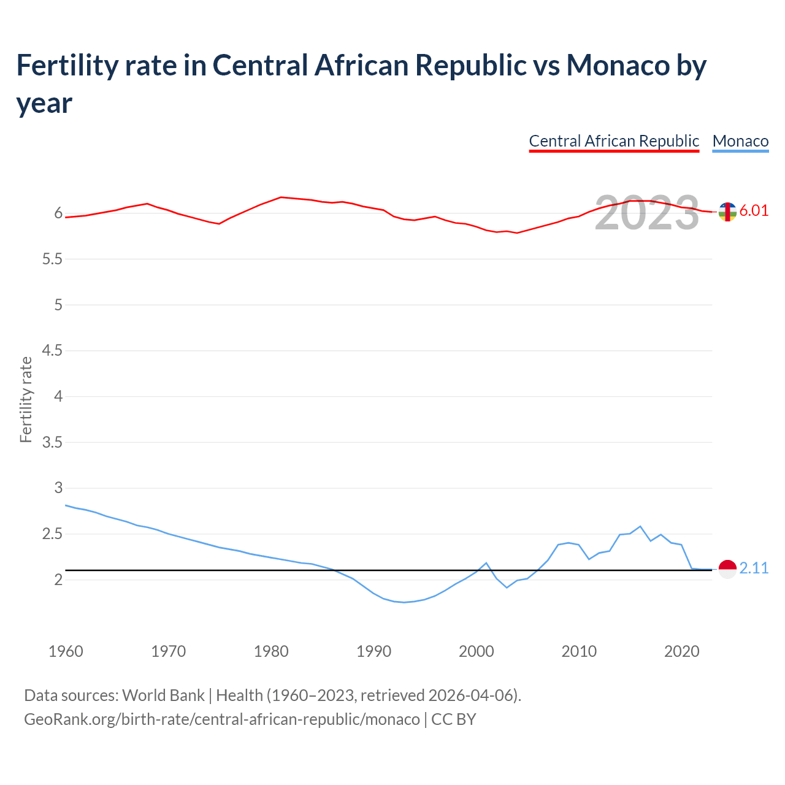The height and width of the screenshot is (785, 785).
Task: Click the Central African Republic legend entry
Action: coord(614,141)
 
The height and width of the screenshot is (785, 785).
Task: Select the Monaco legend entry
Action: coord(740,141)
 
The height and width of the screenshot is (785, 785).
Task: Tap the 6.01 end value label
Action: coord(754,210)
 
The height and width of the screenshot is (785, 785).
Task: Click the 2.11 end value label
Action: coord(754,569)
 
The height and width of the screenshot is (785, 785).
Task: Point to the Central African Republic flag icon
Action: coord(727,212)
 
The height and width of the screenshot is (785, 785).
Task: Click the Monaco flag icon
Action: coord(727,569)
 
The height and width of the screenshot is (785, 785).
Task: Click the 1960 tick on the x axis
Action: coord(66,651)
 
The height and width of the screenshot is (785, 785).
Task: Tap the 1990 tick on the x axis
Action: coord(373,651)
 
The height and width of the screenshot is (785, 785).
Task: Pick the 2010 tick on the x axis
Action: coord(579,651)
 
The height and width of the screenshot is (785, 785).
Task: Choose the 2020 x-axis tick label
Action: coord(681,651)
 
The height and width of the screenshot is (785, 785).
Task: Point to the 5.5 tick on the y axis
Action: coord(52,259)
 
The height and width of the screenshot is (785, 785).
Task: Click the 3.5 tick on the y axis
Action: coord(52,442)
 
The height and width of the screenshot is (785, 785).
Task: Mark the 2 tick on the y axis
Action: coord(59,580)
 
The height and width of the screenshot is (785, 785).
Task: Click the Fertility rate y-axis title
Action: coord(26,399)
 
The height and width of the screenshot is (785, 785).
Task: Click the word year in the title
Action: coord(44,103)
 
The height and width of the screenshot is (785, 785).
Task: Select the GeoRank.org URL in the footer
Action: coord(221,719)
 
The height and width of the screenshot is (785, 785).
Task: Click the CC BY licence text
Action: coord(454,719)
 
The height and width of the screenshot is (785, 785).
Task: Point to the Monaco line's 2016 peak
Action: coord(640,526)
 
